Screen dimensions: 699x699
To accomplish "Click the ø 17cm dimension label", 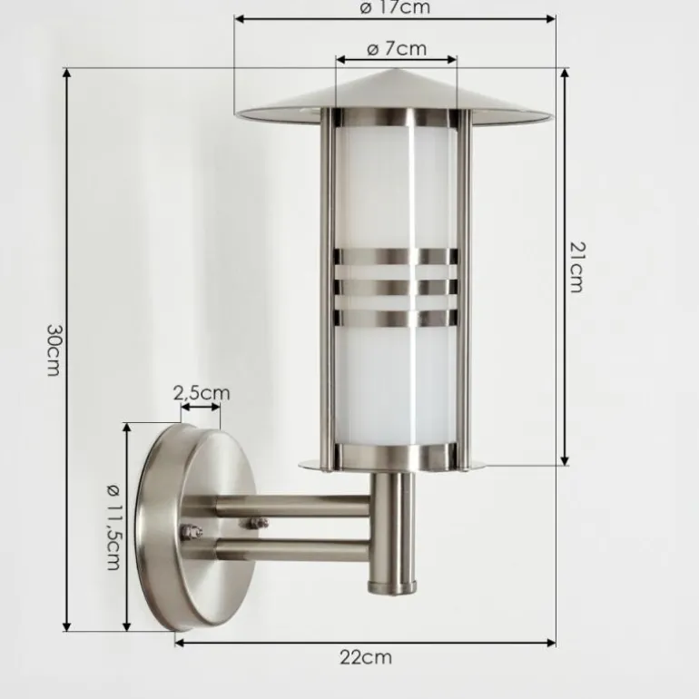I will tap(395, 8).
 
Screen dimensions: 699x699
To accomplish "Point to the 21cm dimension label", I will tap(577, 266).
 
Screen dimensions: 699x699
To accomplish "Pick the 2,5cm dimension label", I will tap(202, 393).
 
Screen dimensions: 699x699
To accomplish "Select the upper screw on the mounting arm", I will tap(258, 523).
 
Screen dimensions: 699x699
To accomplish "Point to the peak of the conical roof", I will tap(394, 72).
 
